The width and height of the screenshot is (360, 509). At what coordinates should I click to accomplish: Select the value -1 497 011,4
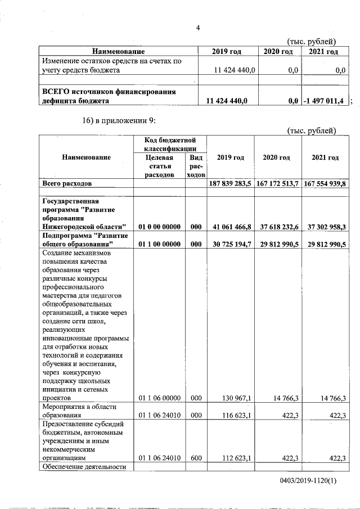click(325, 101)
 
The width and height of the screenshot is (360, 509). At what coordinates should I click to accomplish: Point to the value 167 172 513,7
click(277, 183)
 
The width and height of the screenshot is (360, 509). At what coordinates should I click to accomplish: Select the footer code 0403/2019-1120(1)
click(308, 481)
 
